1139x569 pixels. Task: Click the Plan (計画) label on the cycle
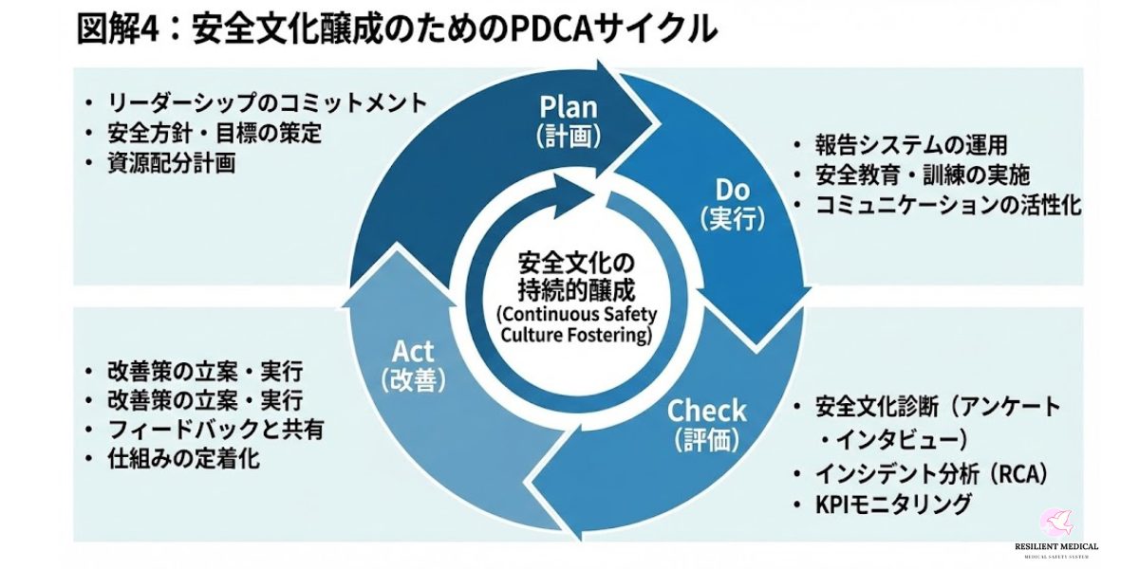[569, 119]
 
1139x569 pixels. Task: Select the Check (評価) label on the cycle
[707, 424]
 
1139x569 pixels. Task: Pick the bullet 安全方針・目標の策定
[215, 133]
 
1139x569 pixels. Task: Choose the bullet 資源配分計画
[172, 163]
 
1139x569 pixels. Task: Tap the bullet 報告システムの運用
[910, 145]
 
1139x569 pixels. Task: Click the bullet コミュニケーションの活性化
[948, 205]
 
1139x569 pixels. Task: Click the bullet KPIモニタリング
[893, 504]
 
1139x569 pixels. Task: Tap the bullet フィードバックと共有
[216, 430]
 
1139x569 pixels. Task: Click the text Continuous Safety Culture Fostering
[575, 324]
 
